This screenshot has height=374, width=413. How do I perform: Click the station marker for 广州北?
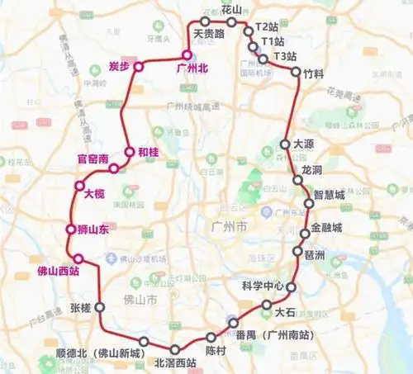pos(188,55)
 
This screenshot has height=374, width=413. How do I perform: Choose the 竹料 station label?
pos(314,73)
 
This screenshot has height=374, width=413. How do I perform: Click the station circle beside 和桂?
pos(129,151)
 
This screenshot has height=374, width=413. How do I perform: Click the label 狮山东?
pos(92,230)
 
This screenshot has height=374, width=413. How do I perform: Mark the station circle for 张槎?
pos(100,305)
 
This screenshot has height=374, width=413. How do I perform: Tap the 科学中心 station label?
pos(263,286)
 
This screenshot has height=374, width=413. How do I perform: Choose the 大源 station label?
pos(306,144)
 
